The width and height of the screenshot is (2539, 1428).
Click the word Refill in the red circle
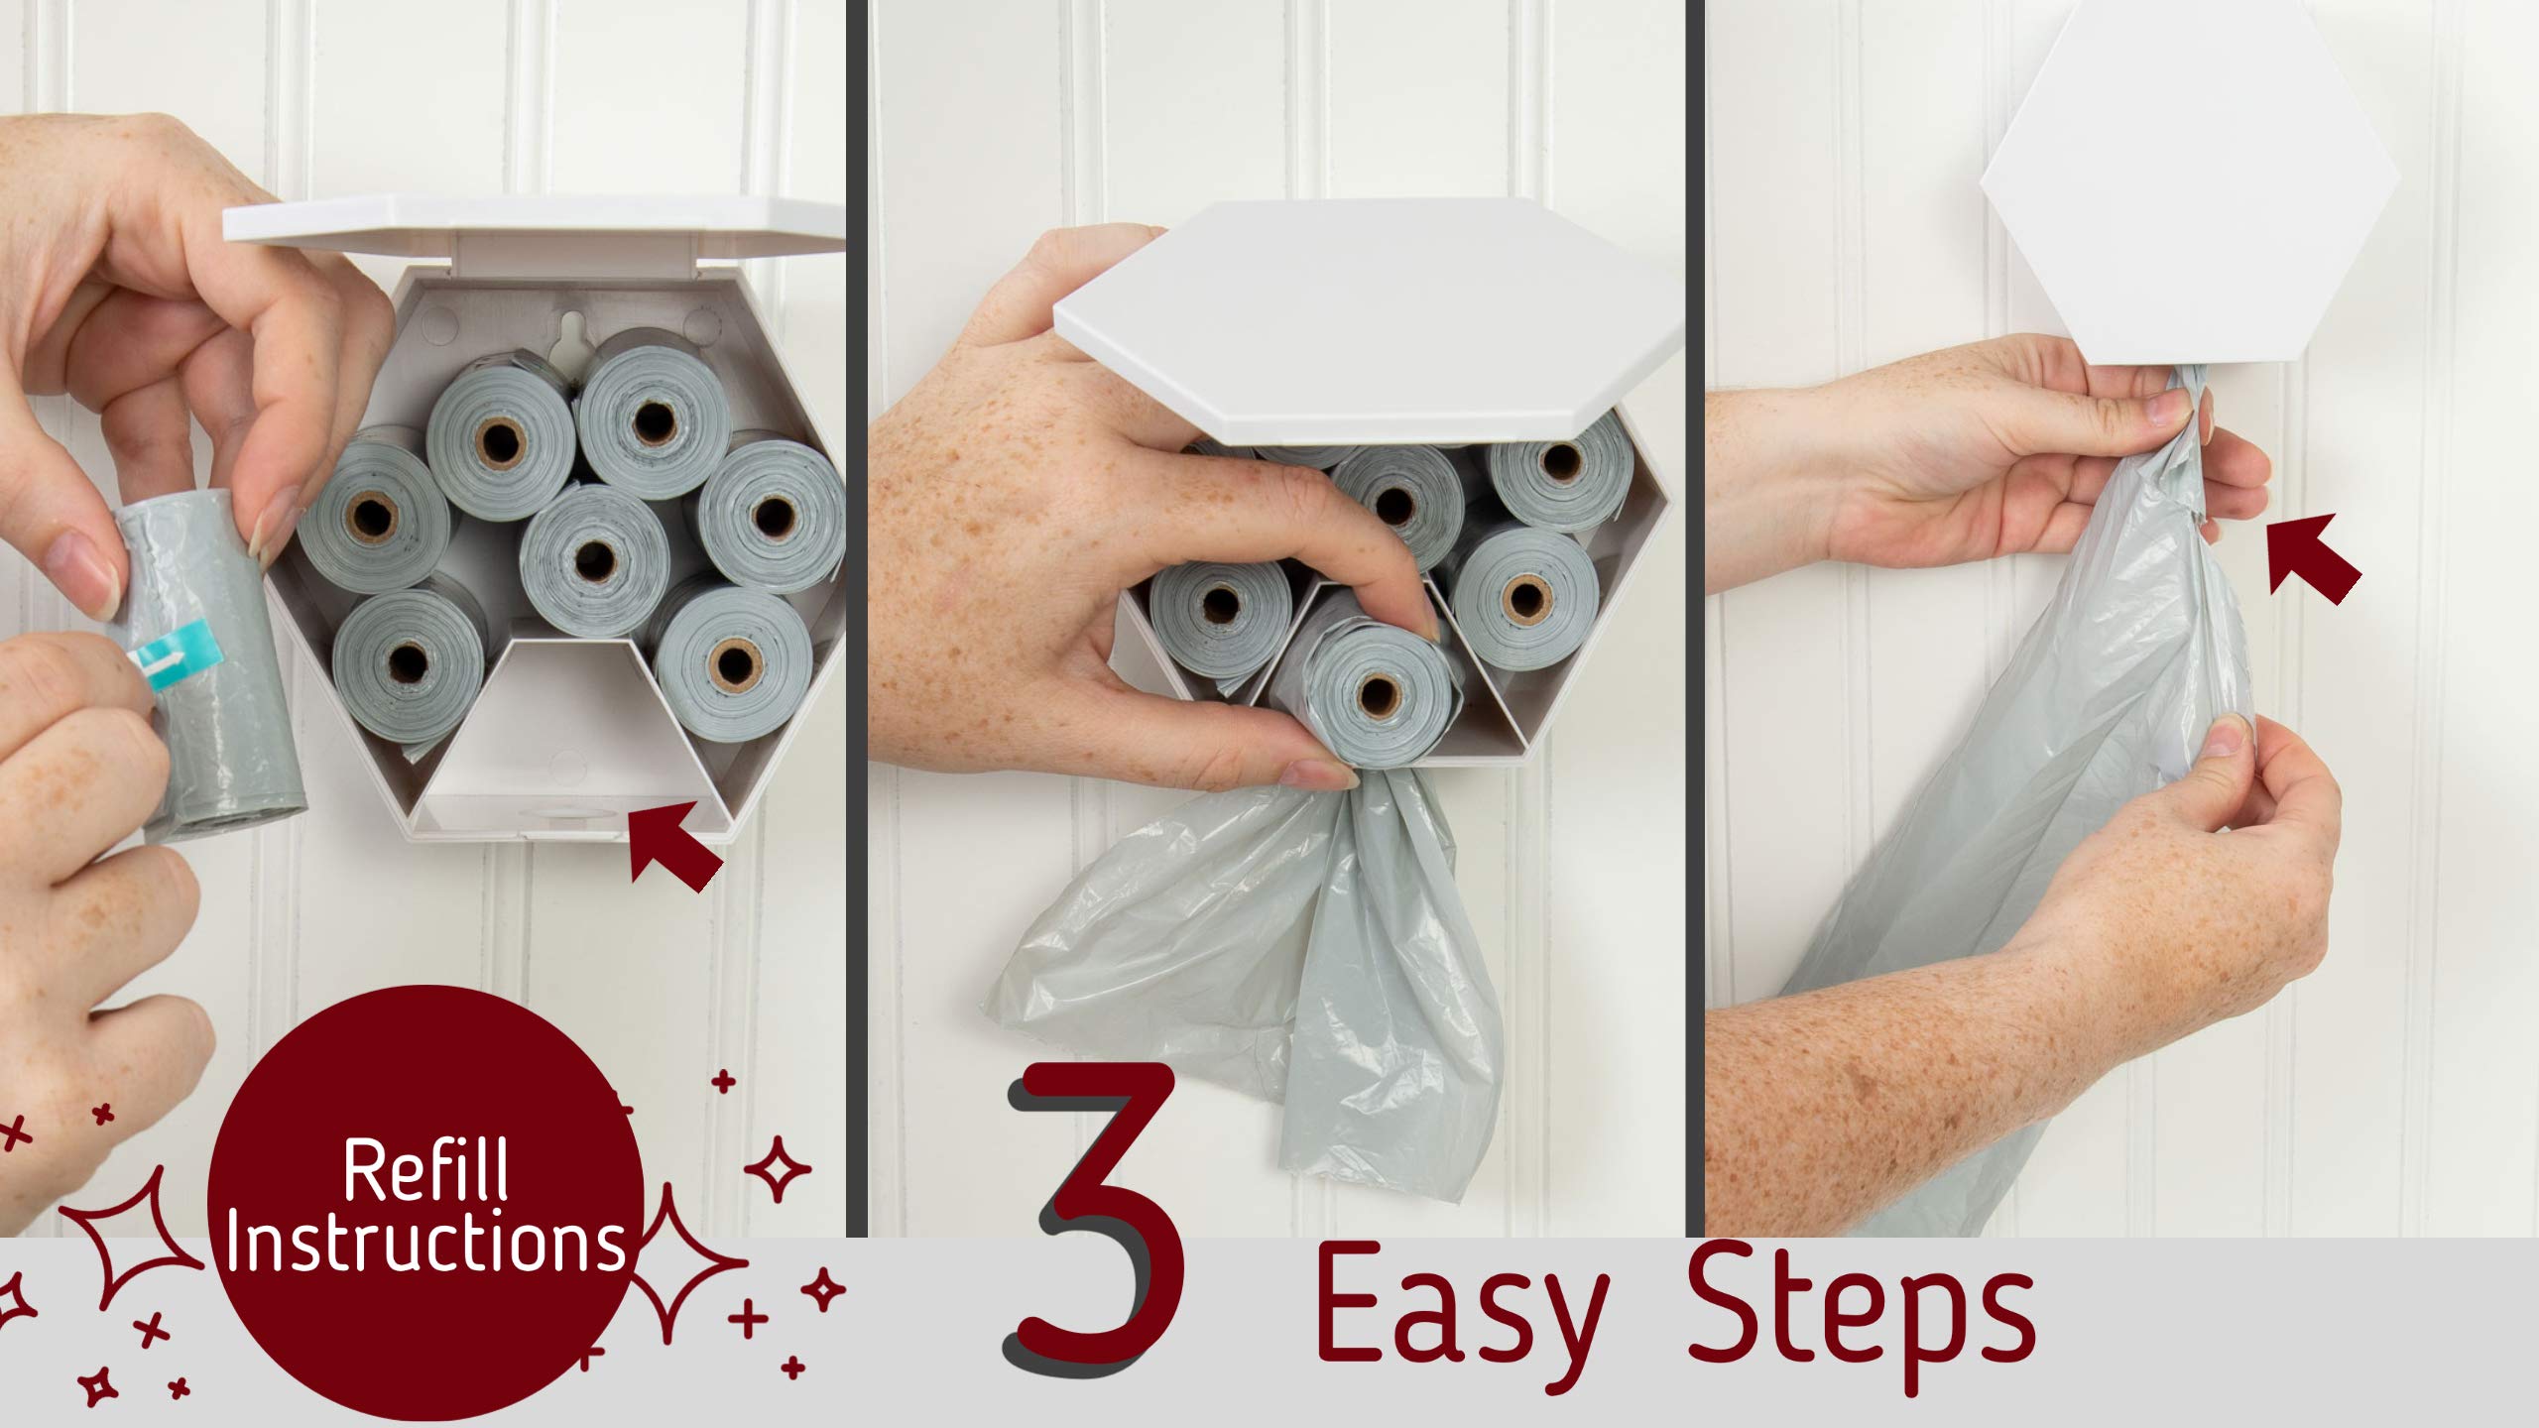click(x=424, y=1170)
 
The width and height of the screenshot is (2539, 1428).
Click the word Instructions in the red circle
click(x=426, y=1245)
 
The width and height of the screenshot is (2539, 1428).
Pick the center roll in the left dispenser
click(x=594, y=560)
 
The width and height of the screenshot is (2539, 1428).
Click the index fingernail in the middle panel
click(x=1426, y=625)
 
